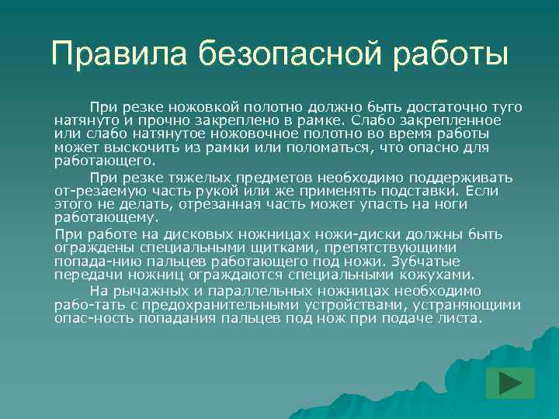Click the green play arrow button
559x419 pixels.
point(510,383)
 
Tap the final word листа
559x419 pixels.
point(460,319)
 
